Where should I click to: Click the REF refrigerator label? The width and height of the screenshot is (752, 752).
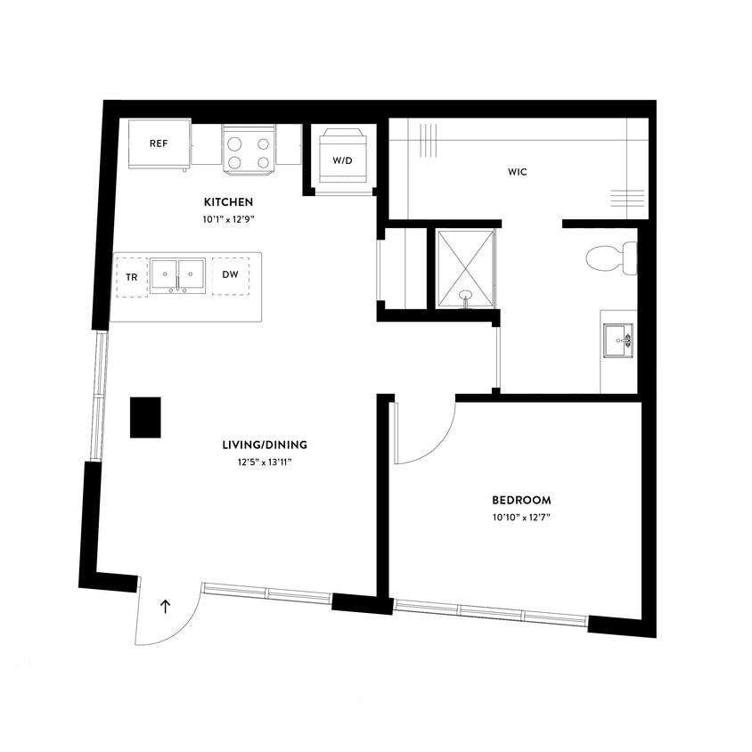(159, 143)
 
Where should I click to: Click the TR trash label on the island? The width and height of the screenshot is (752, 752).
(132, 277)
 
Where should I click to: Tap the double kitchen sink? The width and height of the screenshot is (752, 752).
(178, 275)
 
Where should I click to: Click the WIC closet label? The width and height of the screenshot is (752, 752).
(518, 172)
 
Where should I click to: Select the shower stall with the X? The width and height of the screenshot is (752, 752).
(465, 267)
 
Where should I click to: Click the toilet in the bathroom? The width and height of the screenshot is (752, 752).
(611, 258)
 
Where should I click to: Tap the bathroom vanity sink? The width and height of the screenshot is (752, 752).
(618, 339)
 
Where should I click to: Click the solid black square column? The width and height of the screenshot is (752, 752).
(144, 417)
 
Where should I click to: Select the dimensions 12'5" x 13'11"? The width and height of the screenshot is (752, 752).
(259, 462)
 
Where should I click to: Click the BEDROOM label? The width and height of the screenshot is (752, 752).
(521, 500)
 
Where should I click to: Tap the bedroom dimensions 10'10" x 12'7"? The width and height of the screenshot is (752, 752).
(521, 517)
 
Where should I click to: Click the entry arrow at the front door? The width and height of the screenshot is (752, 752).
(165, 607)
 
